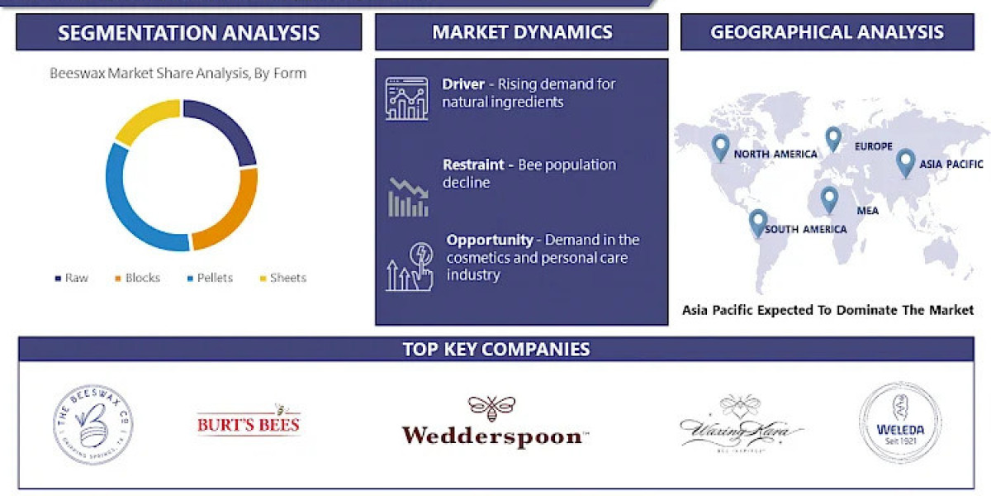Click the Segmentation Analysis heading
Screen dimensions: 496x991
188,33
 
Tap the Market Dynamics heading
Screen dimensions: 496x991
522,33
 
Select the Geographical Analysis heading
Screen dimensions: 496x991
827,33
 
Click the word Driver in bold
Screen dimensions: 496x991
463,83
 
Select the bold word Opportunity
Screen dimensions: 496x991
490,240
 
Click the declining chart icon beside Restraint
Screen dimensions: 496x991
408,197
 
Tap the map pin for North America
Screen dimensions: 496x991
721,147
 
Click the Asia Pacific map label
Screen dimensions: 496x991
951,164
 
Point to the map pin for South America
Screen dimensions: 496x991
757,222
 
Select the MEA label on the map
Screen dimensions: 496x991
867,211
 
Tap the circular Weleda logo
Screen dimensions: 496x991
899,422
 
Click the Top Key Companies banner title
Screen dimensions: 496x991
496,349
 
